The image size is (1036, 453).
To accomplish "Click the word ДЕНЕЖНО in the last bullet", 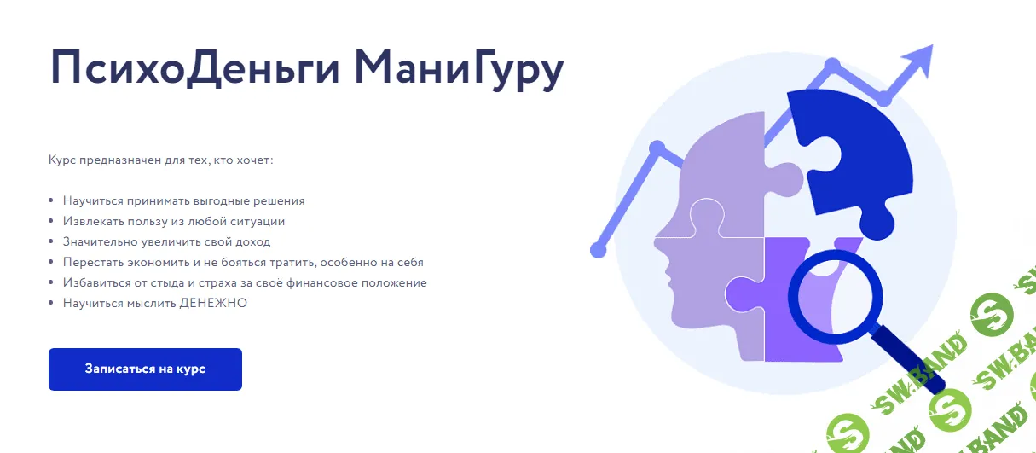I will click(213, 303).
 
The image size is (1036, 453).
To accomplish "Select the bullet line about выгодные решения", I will click(183, 200).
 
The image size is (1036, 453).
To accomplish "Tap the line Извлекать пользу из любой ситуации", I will click(173, 221).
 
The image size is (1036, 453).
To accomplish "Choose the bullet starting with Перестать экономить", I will click(243, 262).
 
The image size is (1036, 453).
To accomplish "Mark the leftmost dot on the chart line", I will click(598, 250).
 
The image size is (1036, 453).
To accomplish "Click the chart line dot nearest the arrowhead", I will click(885, 99).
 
